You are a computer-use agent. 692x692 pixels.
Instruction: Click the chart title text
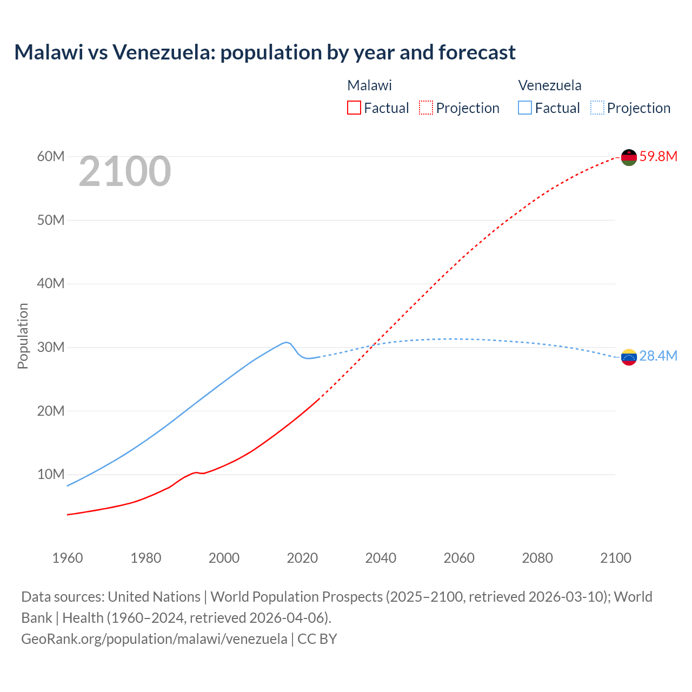[x=265, y=52]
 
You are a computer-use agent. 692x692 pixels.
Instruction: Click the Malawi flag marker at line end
[x=629, y=157]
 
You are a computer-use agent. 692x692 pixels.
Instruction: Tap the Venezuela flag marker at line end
[x=629, y=357]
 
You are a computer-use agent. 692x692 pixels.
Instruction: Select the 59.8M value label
[x=658, y=157]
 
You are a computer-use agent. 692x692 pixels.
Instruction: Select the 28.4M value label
[x=658, y=356]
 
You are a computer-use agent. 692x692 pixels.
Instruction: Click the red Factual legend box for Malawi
[x=354, y=108]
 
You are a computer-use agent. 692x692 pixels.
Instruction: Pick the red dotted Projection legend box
[x=426, y=108]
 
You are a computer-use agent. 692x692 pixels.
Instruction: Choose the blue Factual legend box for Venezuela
[x=524, y=108]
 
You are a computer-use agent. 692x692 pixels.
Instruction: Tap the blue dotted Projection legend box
[x=597, y=108]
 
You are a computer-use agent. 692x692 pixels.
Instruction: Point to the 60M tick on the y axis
[x=51, y=157]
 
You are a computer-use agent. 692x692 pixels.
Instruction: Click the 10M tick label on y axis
[x=51, y=475]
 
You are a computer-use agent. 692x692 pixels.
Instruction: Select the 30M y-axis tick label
[x=51, y=348]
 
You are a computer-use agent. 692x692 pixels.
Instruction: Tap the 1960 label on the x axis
[x=68, y=558]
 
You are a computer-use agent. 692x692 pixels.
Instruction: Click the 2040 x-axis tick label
[x=381, y=558]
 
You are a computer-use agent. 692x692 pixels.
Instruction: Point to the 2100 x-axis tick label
[x=615, y=558]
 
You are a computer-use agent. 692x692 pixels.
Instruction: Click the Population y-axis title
[x=23, y=336]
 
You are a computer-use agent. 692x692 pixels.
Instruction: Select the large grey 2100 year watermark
[x=125, y=171]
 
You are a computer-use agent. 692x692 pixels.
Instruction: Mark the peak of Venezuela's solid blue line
[x=286, y=342]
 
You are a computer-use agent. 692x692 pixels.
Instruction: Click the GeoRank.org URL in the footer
[x=154, y=639]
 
